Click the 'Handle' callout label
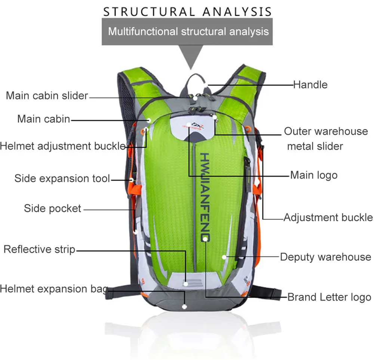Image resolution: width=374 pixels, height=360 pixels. point(310,84)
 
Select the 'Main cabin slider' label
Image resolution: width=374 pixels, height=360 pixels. point(47,96)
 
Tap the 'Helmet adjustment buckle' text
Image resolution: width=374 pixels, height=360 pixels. point(63,146)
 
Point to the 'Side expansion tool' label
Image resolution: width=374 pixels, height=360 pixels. point(62,178)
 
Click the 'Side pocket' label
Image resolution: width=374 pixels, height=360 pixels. point(52,208)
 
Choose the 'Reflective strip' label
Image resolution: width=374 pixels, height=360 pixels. point(39,249)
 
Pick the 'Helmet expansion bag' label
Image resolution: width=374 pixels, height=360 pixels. point(54,289)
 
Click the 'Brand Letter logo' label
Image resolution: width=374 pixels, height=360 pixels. point(329,297)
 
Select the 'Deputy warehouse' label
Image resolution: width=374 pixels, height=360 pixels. point(326,257)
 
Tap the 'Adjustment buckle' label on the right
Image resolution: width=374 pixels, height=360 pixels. point(328,218)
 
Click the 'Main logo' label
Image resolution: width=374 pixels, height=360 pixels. point(314,175)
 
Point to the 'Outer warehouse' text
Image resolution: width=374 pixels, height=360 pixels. point(326,131)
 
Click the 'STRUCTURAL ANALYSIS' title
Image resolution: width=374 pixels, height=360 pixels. point(187,12)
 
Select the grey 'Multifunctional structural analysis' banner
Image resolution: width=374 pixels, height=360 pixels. point(187,31)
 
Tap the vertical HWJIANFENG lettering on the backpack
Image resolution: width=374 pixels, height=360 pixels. point(205,197)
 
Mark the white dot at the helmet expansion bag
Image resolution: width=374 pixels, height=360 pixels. point(184,307)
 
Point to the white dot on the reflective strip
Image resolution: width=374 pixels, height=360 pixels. point(186,284)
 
